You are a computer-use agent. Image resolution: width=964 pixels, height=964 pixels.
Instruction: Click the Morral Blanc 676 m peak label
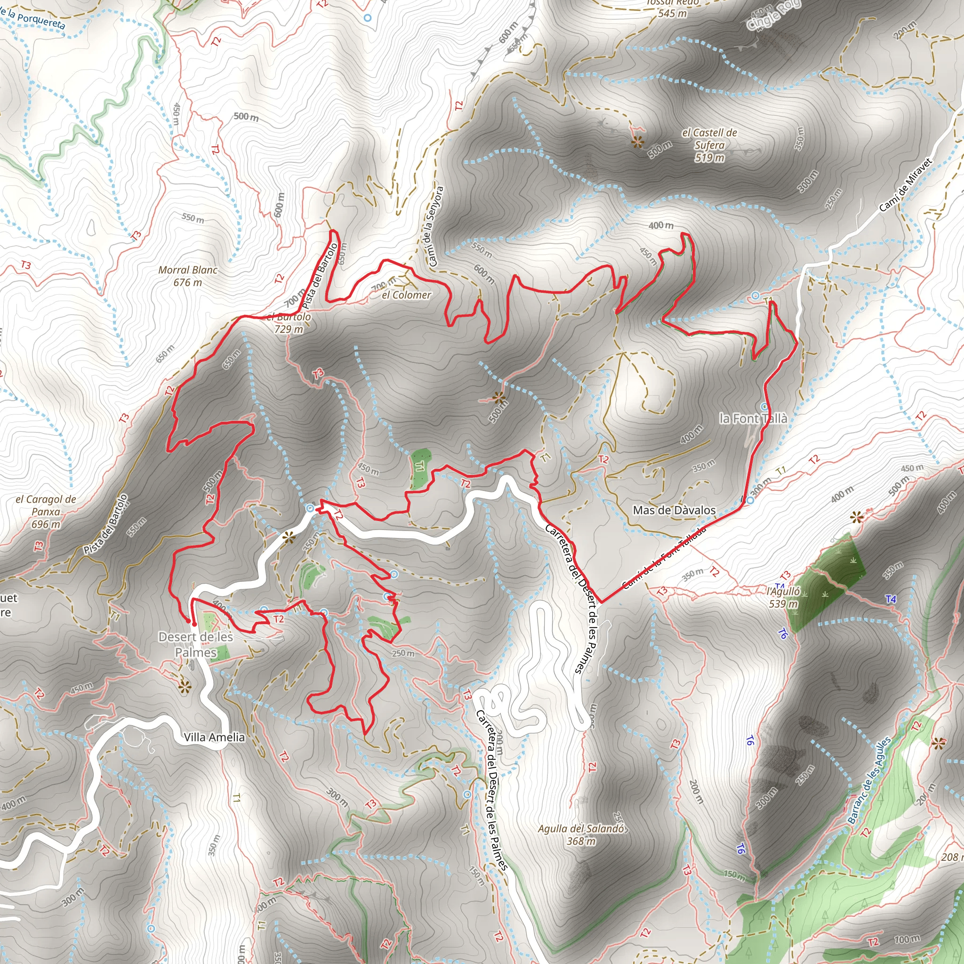click(188, 276)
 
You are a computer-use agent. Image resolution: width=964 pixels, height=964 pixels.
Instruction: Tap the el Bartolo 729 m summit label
click(289, 323)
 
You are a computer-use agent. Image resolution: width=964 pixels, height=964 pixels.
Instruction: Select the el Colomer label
click(406, 295)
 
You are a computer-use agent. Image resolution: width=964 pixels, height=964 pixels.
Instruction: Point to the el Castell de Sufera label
click(709, 145)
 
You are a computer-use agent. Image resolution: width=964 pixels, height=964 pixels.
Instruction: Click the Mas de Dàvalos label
click(674, 510)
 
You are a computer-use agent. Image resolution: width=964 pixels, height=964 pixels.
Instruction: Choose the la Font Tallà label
click(753, 418)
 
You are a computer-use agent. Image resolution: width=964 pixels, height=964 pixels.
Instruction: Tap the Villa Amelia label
click(214, 737)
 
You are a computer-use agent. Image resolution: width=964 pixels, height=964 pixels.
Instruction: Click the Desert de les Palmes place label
click(196, 644)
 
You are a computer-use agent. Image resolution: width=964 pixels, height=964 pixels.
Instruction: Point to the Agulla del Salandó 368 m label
click(581, 834)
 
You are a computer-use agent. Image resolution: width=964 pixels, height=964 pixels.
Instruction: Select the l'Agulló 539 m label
click(783, 597)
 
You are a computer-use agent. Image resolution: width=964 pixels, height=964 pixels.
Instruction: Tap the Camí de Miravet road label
click(905, 185)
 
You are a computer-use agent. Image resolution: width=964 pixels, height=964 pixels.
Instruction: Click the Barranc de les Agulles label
click(869, 780)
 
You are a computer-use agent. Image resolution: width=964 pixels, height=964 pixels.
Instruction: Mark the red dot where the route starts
click(193, 623)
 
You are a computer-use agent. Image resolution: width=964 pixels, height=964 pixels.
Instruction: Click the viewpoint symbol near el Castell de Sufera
click(637, 142)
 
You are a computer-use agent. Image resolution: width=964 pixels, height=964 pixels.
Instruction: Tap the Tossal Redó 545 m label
click(672, 8)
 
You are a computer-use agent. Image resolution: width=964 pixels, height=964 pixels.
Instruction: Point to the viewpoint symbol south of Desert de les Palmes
click(185, 687)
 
